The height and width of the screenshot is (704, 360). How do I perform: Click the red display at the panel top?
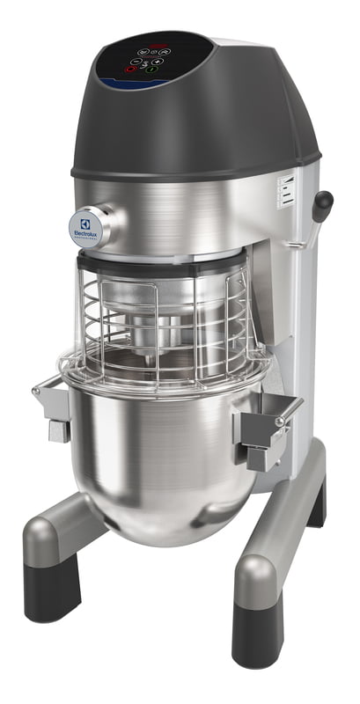(x=158, y=46)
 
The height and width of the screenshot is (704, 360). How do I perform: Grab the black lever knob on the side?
(x=323, y=205)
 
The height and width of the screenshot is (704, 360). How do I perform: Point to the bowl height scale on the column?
(x=283, y=188)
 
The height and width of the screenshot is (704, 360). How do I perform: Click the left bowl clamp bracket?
(x=52, y=407)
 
